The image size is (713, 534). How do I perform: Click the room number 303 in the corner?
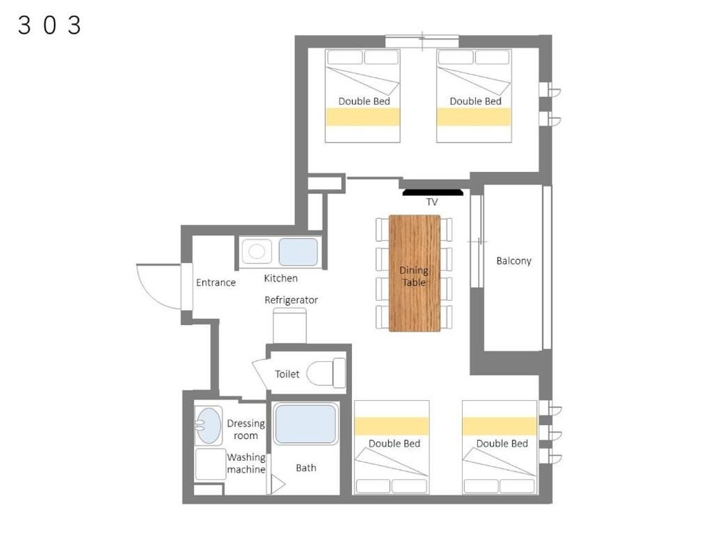(50, 25)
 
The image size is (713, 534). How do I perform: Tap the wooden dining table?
(414, 273)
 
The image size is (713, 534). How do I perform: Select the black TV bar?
(433, 193)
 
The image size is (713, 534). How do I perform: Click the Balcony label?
(514, 260)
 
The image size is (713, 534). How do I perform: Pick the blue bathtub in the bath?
(306, 424)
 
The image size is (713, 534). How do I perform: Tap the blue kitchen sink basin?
(298, 252)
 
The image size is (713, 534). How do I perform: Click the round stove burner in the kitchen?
(256, 251)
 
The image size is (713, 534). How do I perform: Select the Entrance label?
(215, 282)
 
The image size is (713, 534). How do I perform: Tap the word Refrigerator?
(291, 300)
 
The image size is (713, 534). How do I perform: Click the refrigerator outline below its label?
(290, 326)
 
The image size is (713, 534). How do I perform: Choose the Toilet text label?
(287, 374)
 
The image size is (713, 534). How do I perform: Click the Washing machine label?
(246, 463)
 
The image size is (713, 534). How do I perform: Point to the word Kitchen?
(281, 278)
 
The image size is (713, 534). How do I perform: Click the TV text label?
(432, 202)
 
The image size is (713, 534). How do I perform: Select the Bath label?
(306, 467)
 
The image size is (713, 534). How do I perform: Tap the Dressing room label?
(246, 429)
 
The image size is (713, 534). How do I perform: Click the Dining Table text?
(414, 276)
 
